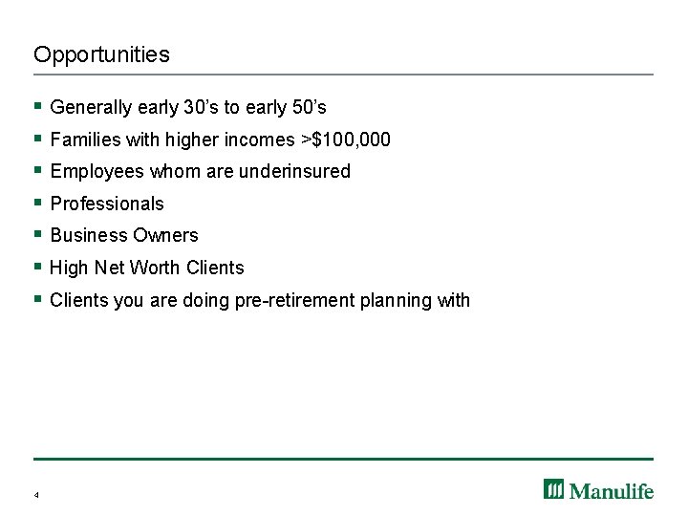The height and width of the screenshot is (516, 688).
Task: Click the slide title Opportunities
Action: tap(101, 54)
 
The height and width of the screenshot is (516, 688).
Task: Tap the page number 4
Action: tap(36, 495)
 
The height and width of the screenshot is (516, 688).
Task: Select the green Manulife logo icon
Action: tap(554, 489)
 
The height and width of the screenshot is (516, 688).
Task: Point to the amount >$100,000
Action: tap(345, 140)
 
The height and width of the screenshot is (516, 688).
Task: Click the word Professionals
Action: tap(107, 204)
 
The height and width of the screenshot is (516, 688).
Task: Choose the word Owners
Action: tap(169, 235)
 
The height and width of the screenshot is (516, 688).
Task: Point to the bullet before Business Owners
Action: tap(37, 235)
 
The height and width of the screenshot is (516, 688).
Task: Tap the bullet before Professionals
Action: tap(37, 204)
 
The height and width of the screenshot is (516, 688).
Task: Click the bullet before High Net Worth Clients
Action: tap(37, 268)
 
